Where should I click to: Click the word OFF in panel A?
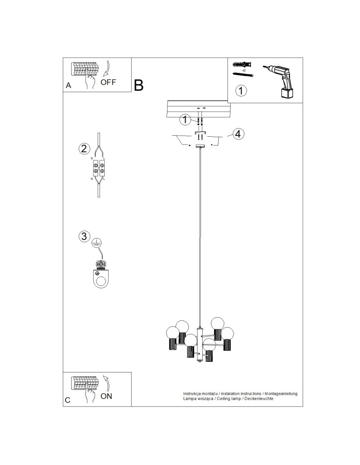pyautogui.click(x=108, y=83)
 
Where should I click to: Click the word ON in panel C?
pyautogui.click(x=106, y=396)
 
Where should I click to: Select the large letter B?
pyautogui.click(x=139, y=85)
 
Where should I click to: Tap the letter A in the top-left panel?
pyautogui.click(x=68, y=86)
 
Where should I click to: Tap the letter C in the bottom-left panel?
pyautogui.click(x=68, y=400)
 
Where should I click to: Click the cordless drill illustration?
pyautogui.click(x=281, y=80)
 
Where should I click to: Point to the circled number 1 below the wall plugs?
pyautogui.click(x=241, y=91)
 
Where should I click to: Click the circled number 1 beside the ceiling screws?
pyautogui.click(x=185, y=120)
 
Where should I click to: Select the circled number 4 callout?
pyautogui.click(x=237, y=134)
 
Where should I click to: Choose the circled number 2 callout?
pyautogui.click(x=84, y=149)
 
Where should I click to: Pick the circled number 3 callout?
pyautogui.click(x=84, y=236)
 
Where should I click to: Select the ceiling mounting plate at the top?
pyautogui.click(x=200, y=110)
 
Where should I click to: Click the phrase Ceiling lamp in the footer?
pyautogui.click(x=228, y=399)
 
